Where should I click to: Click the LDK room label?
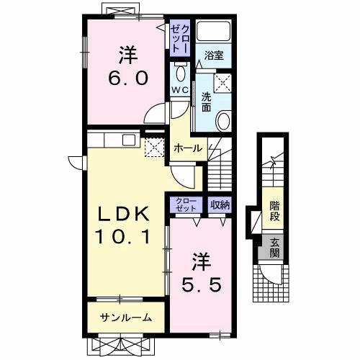[x=124, y=214]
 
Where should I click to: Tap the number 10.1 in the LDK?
[x=124, y=235]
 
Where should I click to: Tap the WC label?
[x=180, y=89]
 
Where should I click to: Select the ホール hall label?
[x=189, y=148]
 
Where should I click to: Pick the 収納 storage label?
[x=220, y=205]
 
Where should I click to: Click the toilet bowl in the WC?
[x=180, y=73]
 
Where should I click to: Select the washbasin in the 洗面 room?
[x=223, y=120]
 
